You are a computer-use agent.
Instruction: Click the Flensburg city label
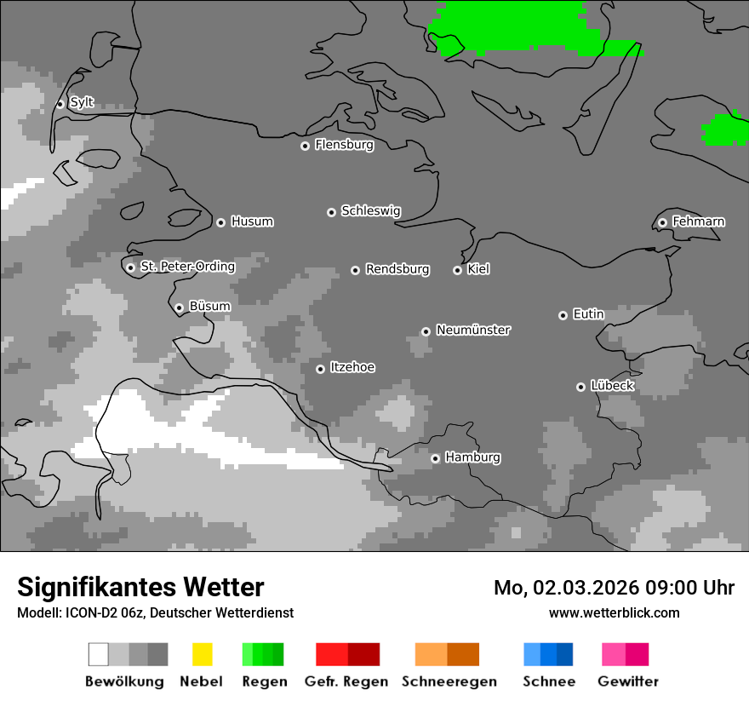(344, 145)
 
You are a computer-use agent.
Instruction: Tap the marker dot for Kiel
(457, 270)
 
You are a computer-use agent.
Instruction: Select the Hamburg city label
(472, 457)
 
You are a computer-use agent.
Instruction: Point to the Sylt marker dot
(60, 104)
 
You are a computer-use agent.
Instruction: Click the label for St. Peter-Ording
(187, 267)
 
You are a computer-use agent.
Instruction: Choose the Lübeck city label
(612, 386)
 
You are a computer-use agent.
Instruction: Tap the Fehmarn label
(698, 221)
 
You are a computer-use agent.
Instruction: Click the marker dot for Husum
(220, 222)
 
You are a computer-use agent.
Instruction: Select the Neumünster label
(472, 330)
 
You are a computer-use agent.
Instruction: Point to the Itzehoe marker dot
(320, 369)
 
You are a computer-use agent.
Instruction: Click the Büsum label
(209, 307)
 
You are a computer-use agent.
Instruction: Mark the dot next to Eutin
(563, 315)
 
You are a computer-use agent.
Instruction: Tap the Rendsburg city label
(397, 269)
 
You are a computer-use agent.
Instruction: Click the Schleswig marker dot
(331, 212)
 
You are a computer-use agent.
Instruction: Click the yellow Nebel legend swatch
(202, 654)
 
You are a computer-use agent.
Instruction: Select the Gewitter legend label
(627, 681)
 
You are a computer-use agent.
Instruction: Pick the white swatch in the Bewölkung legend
(99, 654)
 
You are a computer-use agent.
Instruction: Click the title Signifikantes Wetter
(140, 587)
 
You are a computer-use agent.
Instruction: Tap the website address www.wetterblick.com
(614, 612)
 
